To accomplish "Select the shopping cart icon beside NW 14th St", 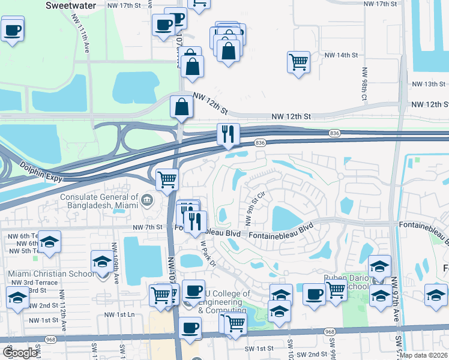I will (x=298, y=61).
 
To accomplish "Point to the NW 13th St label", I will (x=423, y=84).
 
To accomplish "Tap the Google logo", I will (x=20, y=353).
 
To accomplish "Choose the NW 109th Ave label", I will (x=113, y=255).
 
